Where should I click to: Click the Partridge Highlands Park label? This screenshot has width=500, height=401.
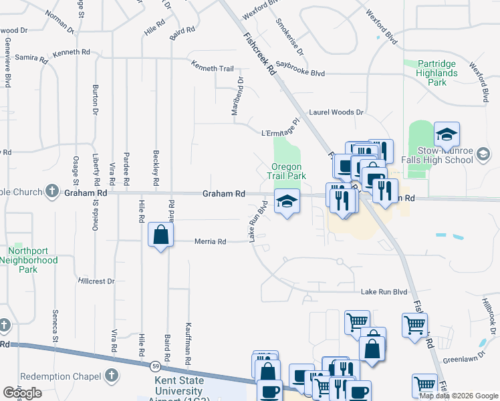pyautogui.click(x=436, y=73)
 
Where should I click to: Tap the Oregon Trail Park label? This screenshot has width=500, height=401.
pyautogui.click(x=288, y=171)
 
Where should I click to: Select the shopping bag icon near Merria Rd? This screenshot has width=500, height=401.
pyautogui.click(x=160, y=235)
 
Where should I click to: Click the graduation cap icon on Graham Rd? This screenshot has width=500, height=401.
pyautogui.click(x=286, y=201)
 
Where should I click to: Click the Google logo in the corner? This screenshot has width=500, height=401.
pyautogui.click(x=22, y=393)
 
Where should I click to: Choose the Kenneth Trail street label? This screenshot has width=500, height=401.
pyautogui.click(x=212, y=68)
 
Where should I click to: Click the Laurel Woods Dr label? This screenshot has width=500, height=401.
pyautogui.click(x=336, y=113)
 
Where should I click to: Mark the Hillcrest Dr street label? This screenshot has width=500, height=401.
pyautogui.click(x=96, y=281)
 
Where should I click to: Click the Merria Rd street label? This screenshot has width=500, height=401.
pyautogui.click(x=210, y=241)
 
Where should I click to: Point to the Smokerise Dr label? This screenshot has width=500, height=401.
pyautogui.click(x=290, y=37)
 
